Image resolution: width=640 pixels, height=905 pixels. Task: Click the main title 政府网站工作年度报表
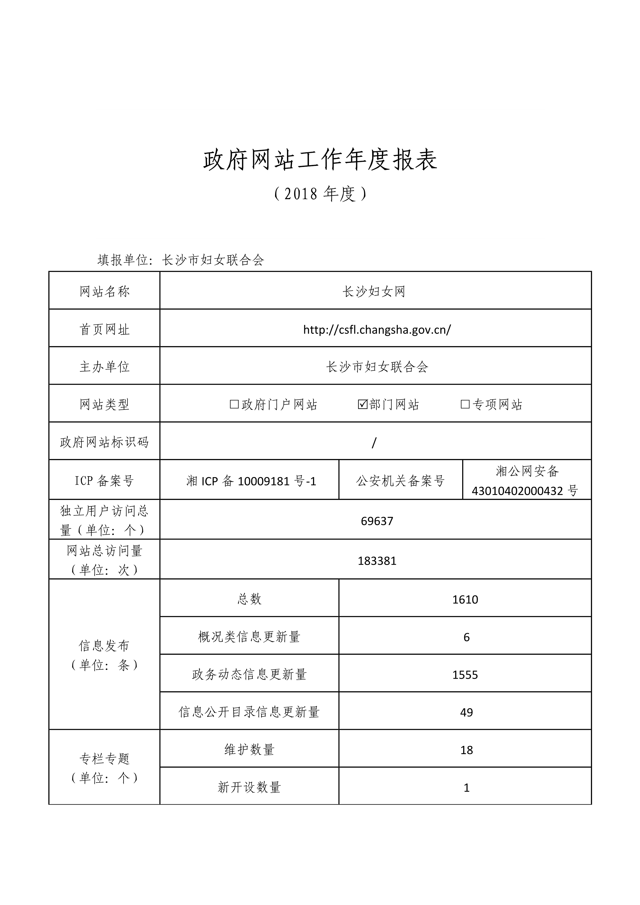(x=320, y=160)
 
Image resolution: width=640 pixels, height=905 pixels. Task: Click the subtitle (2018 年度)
(x=320, y=194)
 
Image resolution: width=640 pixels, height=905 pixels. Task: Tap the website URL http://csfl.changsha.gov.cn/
(x=377, y=330)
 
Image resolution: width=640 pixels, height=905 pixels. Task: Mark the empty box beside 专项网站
(x=465, y=404)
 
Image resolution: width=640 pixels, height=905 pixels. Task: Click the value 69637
(x=377, y=521)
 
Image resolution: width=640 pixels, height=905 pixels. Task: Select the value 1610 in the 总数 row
(x=465, y=599)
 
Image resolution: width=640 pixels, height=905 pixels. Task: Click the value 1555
(x=465, y=675)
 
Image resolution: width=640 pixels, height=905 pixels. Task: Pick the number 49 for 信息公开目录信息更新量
(x=466, y=712)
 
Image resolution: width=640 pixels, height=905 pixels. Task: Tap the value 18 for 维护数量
(x=466, y=750)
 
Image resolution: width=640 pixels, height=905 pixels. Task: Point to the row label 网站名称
(x=105, y=292)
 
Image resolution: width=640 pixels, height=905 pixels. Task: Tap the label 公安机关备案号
(x=401, y=481)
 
